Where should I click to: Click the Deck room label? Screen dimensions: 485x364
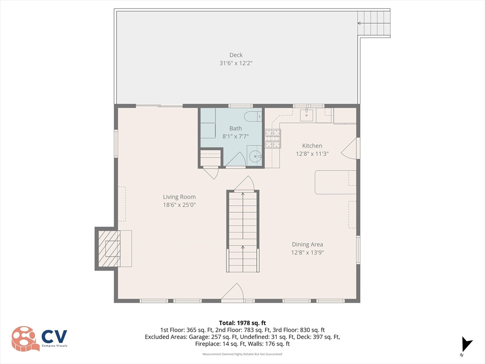[236, 55]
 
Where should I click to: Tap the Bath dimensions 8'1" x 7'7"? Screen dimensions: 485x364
[235, 136]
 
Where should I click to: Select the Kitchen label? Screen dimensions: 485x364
[312, 146]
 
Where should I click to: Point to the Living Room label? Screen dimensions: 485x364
[180, 197]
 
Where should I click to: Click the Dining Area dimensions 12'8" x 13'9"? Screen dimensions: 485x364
[307, 253]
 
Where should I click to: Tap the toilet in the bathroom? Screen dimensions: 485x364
[253, 117]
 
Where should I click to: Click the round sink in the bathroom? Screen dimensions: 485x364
[255, 156]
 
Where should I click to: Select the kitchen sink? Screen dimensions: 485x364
[306, 115]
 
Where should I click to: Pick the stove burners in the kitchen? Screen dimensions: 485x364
[273, 139]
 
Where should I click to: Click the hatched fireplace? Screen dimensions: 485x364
[109, 249]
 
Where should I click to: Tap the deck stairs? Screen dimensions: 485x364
[374, 23]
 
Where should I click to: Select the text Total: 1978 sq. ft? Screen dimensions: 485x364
[242, 323]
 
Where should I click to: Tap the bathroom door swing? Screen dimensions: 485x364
[236, 159]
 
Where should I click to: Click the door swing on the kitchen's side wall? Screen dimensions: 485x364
[349, 148]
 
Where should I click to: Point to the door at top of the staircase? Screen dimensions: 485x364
[244, 183]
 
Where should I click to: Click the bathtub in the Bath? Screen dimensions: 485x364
[207, 123]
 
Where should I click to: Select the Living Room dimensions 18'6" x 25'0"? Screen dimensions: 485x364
[180, 205]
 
